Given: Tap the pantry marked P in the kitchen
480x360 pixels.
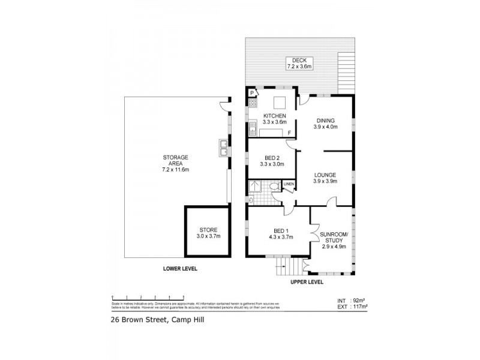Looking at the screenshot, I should (252, 93).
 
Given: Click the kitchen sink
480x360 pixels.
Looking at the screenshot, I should (253, 127).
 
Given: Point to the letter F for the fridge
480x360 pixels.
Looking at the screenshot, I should (289, 133).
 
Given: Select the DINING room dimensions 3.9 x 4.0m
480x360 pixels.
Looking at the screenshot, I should (326, 127).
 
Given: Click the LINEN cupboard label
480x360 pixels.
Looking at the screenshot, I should (289, 184).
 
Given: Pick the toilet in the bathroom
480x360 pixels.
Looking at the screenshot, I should (273, 187).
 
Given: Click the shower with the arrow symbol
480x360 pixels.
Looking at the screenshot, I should (254, 187).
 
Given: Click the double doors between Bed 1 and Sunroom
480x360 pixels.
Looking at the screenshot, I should (311, 231).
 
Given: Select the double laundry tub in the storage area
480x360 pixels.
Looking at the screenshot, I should (223, 147).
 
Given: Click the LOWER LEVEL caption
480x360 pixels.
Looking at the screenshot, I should (180, 269).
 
